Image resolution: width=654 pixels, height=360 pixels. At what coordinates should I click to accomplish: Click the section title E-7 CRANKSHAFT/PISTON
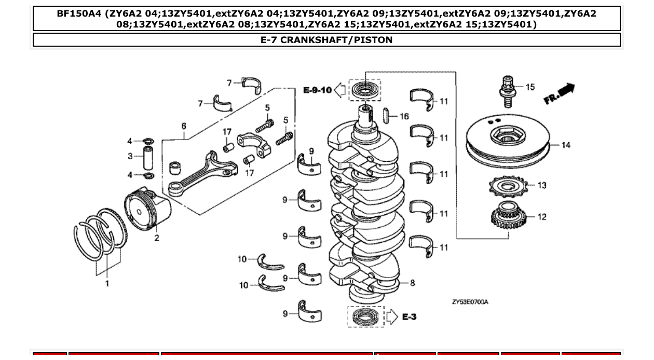pyautogui.click(x=326, y=40)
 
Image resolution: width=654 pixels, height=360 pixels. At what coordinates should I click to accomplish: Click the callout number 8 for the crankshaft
pyautogui.click(x=412, y=283)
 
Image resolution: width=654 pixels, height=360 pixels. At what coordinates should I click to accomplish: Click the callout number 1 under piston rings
pyautogui.click(x=107, y=284)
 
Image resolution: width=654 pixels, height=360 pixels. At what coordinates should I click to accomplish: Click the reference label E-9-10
pyautogui.click(x=317, y=90)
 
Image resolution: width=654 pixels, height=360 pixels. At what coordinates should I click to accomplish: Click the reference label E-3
pyautogui.click(x=409, y=316)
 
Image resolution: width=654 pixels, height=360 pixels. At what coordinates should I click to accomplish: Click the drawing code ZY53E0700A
pyautogui.click(x=470, y=302)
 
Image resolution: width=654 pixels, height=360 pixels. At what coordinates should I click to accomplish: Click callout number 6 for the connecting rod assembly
pyautogui.click(x=183, y=126)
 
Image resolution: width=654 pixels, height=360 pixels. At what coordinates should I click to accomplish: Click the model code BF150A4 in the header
pyautogui.click(x=79, y=14)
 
